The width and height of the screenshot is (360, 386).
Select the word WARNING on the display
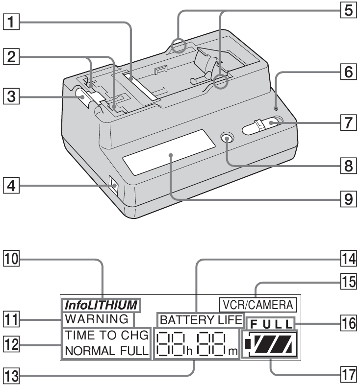click(96, 319)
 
